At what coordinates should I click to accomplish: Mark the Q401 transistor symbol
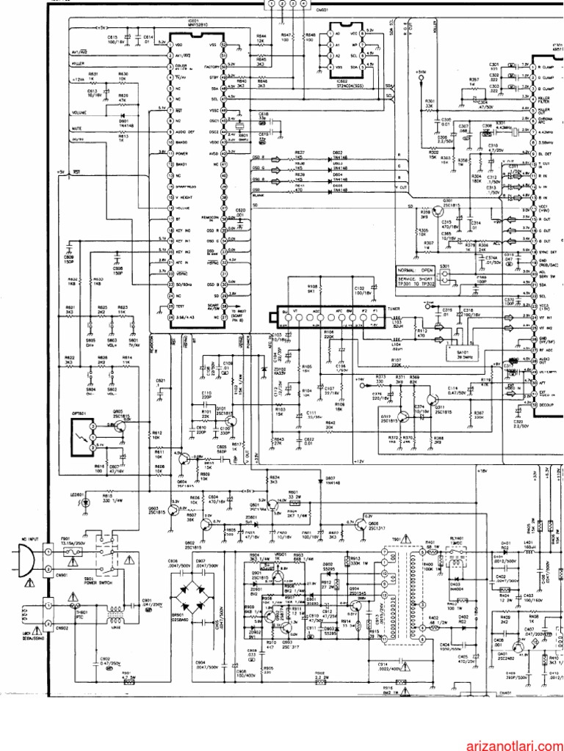click(517, 646)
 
